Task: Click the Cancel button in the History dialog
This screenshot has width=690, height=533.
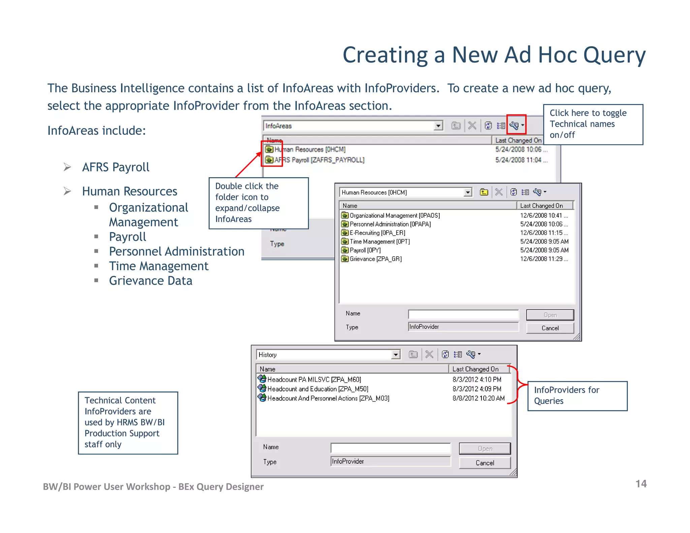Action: pyautogui.click(x=484, y=463)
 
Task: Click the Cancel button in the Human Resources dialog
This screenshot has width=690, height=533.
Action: pyautogui.click(x=550, y=328)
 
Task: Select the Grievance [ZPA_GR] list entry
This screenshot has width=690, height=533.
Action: pyautogui.click(x=375, y=259)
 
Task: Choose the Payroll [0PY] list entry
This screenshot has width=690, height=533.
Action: pyautogui.click(x=365, y=250)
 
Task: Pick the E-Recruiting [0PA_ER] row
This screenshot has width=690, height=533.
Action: pyautogui.click(x=377, y=232)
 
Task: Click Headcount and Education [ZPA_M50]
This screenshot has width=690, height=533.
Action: pyautogui.click(x=317, y=389)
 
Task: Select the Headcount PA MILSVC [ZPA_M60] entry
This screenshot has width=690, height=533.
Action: pyautogui.click(x=314, y=379)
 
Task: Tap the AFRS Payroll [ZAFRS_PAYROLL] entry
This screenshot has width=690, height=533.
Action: pyautogui.click(x=319, y=160)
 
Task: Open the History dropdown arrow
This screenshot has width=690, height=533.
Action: pyautogui.click(x=396, y=354)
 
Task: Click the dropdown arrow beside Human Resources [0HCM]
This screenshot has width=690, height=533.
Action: pyautogui.click(x=467, y=192)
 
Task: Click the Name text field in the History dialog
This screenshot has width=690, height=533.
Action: pyautogui.click(x=390, y=448)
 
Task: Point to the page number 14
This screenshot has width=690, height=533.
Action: pyautogui.click(x=641, y=484)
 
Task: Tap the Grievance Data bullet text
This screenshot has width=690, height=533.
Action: pyautogui.click(x=151, y=281)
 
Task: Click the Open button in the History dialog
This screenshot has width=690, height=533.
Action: pyautogui.click(x=484, y=448)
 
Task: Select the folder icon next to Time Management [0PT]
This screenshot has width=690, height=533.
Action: pyautogui.click(x=345, y=241)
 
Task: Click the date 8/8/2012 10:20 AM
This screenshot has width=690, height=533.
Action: pyautogui.click(x=478, y=398)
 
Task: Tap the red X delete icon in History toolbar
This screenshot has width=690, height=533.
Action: pyautogui.click(x=429, y=354)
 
